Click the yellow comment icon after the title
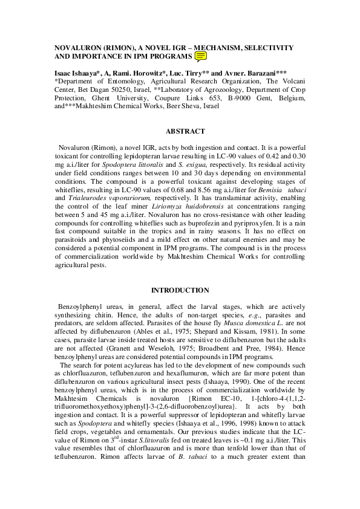click(x=201, y=57)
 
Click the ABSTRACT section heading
click(x=185, y=131)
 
